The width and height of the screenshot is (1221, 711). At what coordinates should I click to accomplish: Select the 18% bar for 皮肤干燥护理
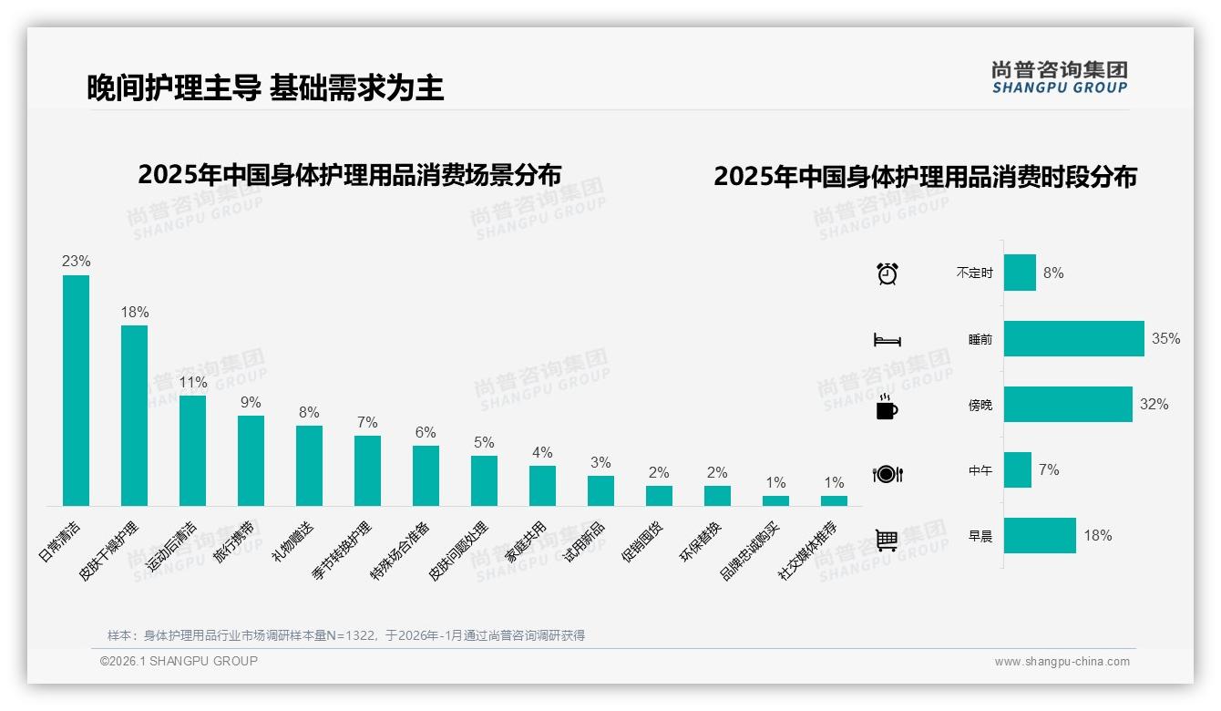[134, 416]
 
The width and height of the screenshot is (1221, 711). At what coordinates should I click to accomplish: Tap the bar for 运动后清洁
[192, 450]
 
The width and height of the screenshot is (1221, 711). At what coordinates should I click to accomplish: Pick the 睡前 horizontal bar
[1073, 338]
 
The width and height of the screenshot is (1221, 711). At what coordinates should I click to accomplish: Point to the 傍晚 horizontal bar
[1068, 404]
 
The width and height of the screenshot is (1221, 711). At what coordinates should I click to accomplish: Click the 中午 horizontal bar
[1018, 469]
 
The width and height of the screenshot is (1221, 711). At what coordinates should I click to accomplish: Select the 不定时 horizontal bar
[1020, 273]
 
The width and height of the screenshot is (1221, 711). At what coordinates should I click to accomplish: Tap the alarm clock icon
[887, 273]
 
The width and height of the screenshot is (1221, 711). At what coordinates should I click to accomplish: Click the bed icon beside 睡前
[887, 340]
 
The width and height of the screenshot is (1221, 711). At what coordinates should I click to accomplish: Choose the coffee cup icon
[887, 407]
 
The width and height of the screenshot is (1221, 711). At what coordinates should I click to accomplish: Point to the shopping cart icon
[887, 540]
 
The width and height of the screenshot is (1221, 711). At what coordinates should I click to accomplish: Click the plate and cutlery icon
[887, 474]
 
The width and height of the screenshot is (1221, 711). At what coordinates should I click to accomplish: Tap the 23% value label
[76, 261]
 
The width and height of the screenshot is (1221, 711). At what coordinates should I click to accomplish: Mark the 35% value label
[1165, 338]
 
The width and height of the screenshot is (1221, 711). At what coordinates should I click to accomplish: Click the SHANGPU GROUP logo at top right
[1059, 77]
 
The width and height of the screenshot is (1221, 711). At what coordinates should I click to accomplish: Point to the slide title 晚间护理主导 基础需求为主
[265, 88]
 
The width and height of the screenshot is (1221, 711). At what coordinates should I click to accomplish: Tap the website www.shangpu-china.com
[1062, 662]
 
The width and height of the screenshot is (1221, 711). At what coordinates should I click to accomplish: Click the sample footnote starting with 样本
[346, 635]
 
